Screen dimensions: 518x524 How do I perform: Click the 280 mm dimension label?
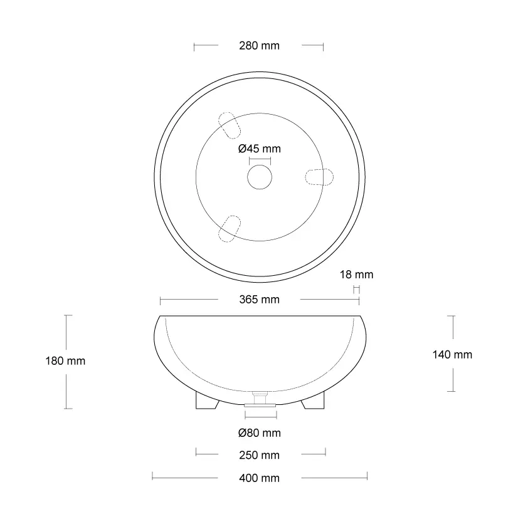[259, 46]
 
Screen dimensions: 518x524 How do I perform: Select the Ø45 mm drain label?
[260, 149]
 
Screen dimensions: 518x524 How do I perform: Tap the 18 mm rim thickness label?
[356, 275]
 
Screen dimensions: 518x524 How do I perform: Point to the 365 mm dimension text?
[259, 300]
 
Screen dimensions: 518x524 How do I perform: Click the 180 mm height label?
[65, 361]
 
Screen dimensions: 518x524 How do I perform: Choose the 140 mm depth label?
[452, 355]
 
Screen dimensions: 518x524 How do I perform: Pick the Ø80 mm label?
[260, 433]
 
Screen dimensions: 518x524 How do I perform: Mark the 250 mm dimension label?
[259, 455]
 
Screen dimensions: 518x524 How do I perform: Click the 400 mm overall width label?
[259, 478]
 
